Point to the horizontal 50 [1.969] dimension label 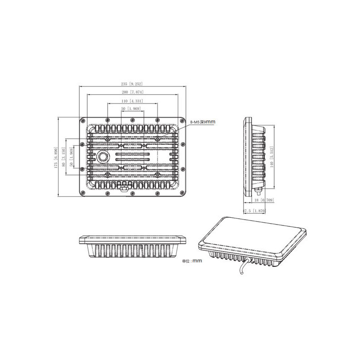(131, 109)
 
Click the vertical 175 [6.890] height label (55, 157)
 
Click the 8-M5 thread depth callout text (203, 121)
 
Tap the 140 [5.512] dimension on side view (271, 158)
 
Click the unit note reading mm (192, 261)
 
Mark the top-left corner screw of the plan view (82, 120)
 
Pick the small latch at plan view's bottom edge (124, 190)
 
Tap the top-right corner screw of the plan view (182, 120)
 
